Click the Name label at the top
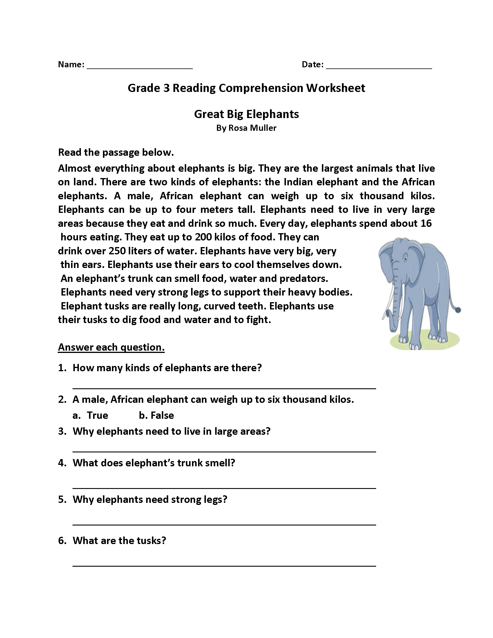tap(71, 64)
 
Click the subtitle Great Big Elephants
tap(246, 114)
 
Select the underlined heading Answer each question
tap(111, 347)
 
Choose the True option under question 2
tap(97, 415)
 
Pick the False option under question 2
tap(162, 415)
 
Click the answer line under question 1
tap(224, 388)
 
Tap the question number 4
tap(62, 463)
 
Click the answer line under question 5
tap(224, 525)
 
